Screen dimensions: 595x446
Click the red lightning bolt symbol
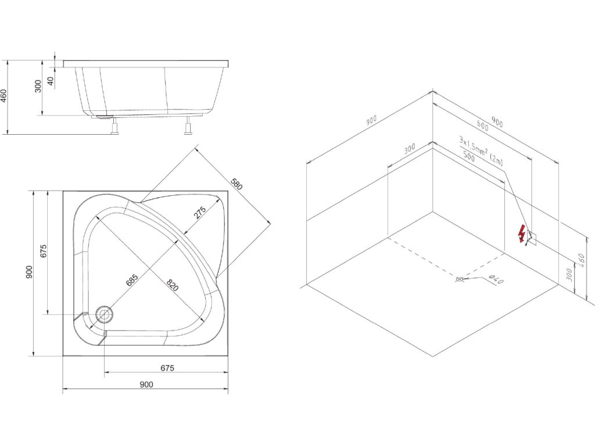523,233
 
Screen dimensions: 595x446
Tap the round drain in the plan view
105,314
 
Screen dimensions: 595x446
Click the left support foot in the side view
115,126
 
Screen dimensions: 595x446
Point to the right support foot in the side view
188,125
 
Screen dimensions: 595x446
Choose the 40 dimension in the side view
51,81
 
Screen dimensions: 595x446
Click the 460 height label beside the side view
4,95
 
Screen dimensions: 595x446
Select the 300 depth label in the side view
38,87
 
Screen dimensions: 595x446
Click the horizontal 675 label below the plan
167,368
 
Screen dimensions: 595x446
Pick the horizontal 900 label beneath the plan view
146,384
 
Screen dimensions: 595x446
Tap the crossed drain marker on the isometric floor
461,279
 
